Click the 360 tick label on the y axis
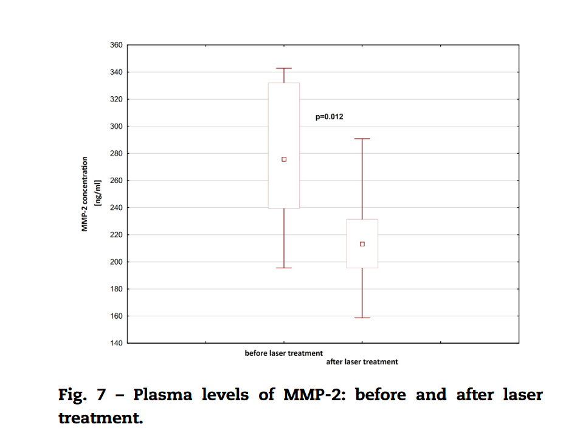pyautogui.click(x=116, y=45)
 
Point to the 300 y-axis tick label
pyautogui.click(x=116, y=127)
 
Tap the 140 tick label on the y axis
pyautogui.click(x=116, y=343)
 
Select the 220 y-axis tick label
pyautogui.click(x=116, y=235)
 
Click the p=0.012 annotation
pyautogui.click(x=329, y=116)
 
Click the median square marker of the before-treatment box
pyautogui.click(x=284, y=159)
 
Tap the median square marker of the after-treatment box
pyautogui.click(x=362, y=244)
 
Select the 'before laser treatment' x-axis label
pyautogui.click(x=284, y=353)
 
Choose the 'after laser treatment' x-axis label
pyautogui.click(x=362, y=362)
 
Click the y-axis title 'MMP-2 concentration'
pyautogui.click(x=85, y=194)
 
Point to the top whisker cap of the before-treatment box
pyautogui.click(x=284, y=68)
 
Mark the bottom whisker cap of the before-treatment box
pyautogui.click(x=284, y=268)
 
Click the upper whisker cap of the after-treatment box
pyautogui.click(x=362, y=139)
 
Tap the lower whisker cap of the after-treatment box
pyautogui.click(x=362, y=318)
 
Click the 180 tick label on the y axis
pyautogui.click(x=116, y=289)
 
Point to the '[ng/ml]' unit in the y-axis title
pyautogui.click(x=96, y=194)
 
